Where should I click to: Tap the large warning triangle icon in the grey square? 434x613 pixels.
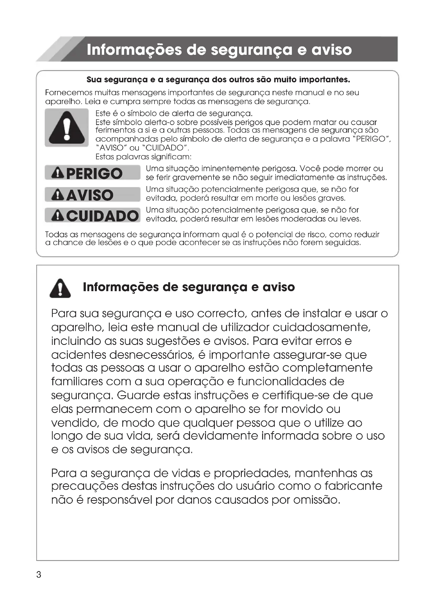tap(67, 128)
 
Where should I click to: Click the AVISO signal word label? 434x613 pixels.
tap(92, 194)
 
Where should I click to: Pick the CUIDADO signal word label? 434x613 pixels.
tap(92, 215)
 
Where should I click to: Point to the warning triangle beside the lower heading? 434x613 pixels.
tap(60, 288)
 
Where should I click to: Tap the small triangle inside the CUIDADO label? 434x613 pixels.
tap(58, 215)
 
